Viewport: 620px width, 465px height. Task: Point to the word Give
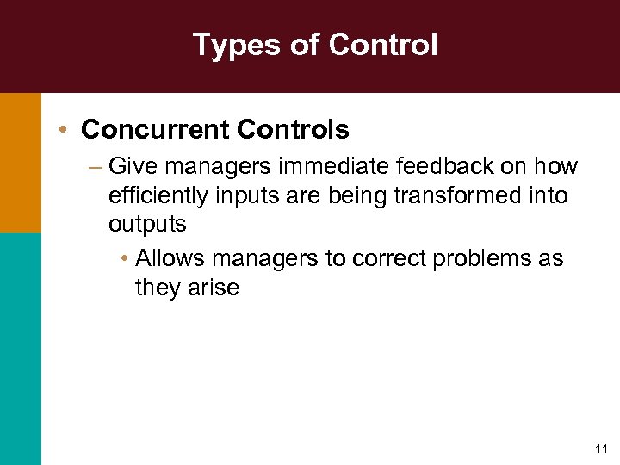129,165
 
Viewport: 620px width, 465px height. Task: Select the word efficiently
158,195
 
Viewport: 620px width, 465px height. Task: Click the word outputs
147,224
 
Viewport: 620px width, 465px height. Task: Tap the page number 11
601,449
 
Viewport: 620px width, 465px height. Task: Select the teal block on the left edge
20,348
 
